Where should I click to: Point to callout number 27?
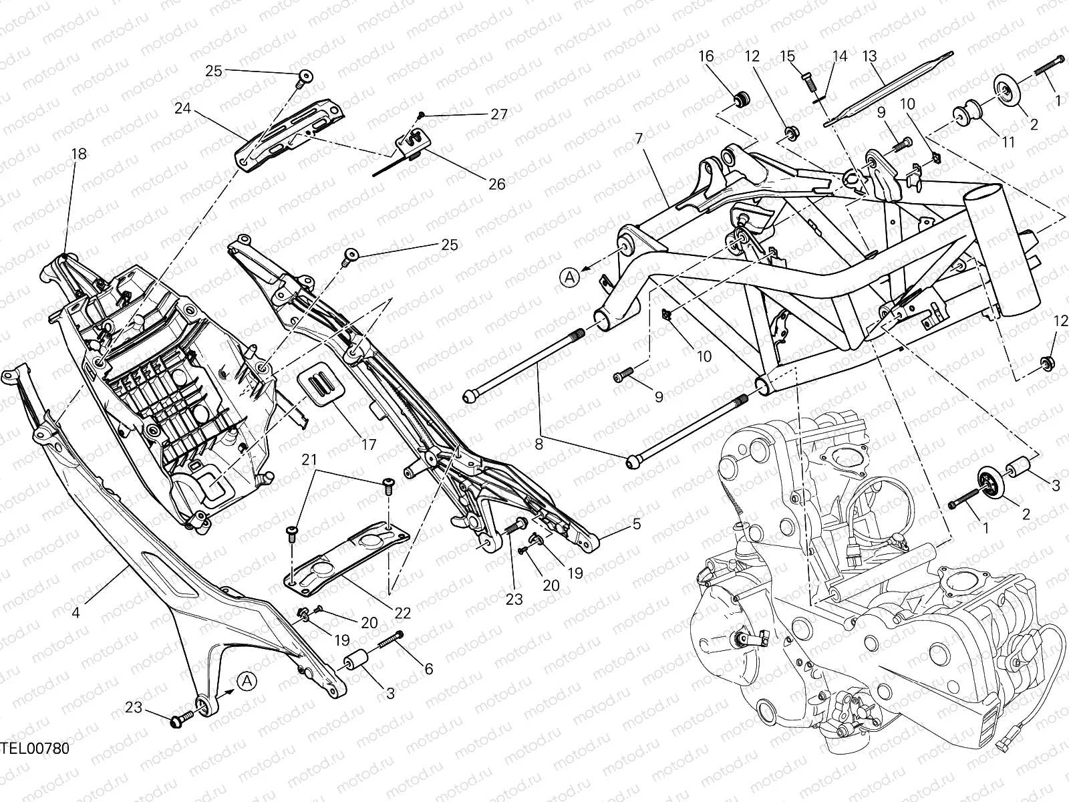point(498,114)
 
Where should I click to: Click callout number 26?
point(496,184)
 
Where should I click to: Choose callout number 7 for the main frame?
point(639,139)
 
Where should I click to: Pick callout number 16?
point(706,56)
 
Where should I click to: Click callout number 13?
point(869,56)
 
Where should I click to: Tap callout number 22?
point(402,612)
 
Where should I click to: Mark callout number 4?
point(76,612)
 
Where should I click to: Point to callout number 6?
point(428,668)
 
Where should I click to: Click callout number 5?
point(636,524)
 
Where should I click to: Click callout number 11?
point(1008,142)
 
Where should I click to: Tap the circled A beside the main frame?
point(569,275)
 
